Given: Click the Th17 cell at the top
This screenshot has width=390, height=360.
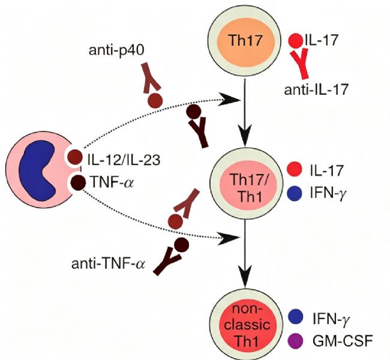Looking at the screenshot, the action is click(x=246, y=41).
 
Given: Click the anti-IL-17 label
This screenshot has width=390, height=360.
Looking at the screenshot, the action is click(x=316, y=90).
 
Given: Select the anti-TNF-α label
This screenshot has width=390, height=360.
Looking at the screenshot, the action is click(x=107, y=264).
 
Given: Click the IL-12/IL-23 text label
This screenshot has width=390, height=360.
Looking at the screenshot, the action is click(x=124, y=160).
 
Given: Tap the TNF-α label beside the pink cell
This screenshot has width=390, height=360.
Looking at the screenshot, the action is click(x=113, y=182).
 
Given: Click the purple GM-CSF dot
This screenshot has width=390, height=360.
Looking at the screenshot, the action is click(x=295, y=341).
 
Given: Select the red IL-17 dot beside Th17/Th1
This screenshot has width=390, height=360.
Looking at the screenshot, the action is click(x=294, y=169).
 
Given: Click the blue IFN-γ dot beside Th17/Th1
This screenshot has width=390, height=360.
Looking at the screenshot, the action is click(x=294, y=193).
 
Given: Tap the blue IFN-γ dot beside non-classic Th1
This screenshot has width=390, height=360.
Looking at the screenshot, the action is click(x=295, y=316).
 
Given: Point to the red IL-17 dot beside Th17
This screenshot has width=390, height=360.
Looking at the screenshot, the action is click(x=296, y=41).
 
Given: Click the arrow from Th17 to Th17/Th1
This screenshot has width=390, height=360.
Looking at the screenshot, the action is click(x=245, y=112).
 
